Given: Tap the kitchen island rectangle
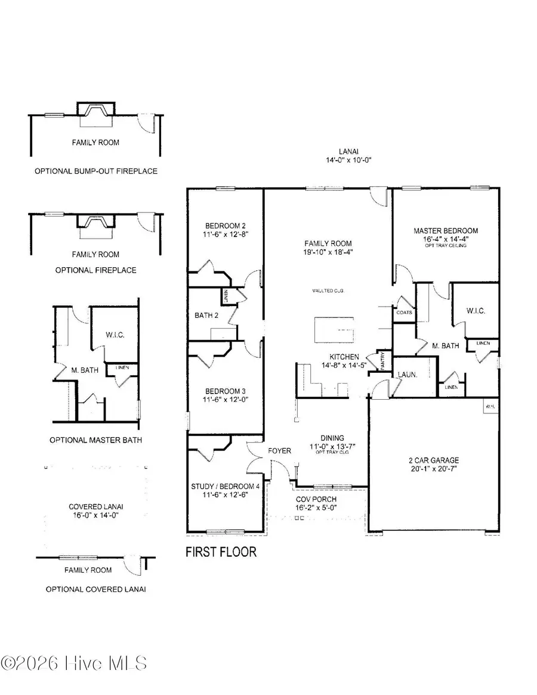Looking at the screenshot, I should coord(335,329).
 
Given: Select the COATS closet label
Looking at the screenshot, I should coord(404,312).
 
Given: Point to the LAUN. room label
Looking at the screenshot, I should coord(408,375).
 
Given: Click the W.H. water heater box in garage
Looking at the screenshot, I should coord(490,407).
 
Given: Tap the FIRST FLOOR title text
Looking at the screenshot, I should coord(221,552).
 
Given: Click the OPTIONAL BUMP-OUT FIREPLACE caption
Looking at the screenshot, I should coord(95,171).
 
